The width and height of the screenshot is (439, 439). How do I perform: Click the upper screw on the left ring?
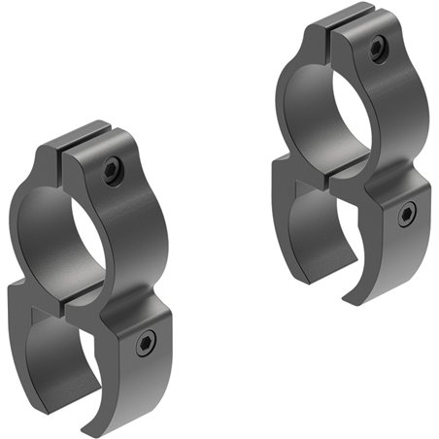[112, 172]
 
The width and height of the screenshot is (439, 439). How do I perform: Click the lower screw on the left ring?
[145, 341]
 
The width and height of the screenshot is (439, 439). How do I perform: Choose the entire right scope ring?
[354, 155]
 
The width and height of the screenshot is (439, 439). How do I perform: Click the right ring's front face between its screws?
[393, 131]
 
